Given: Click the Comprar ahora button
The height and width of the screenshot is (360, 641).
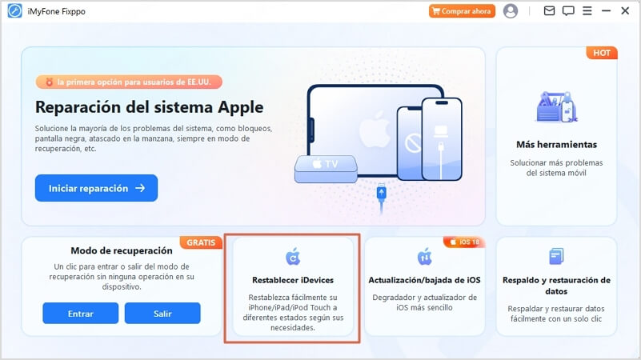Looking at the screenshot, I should point(462,11).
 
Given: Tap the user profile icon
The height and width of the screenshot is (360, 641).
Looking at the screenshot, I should point(511,11).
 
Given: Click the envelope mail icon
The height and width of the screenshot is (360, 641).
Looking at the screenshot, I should point(549,11).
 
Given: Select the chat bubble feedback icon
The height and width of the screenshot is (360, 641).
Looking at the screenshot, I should point(568,11).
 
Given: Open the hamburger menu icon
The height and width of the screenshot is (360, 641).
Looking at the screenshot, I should point(587,11).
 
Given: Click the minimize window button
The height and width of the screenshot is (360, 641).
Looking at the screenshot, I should point(606,11).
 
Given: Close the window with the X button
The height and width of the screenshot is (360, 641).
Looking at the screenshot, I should point(625,11).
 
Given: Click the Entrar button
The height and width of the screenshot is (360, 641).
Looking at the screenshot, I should point(81,313).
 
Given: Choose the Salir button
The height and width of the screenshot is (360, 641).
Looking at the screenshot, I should point(162,313).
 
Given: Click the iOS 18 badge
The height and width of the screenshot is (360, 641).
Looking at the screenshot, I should point(463,242).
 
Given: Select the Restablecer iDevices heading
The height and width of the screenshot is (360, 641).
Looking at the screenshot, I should point(292,280).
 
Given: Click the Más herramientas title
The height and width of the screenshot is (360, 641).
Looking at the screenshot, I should point(556,145).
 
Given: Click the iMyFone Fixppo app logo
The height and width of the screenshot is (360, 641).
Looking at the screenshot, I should point(14,11).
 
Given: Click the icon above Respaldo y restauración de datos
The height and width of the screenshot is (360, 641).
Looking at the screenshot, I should point(556,257).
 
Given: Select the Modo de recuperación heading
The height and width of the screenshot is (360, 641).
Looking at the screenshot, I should point(122,250).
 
